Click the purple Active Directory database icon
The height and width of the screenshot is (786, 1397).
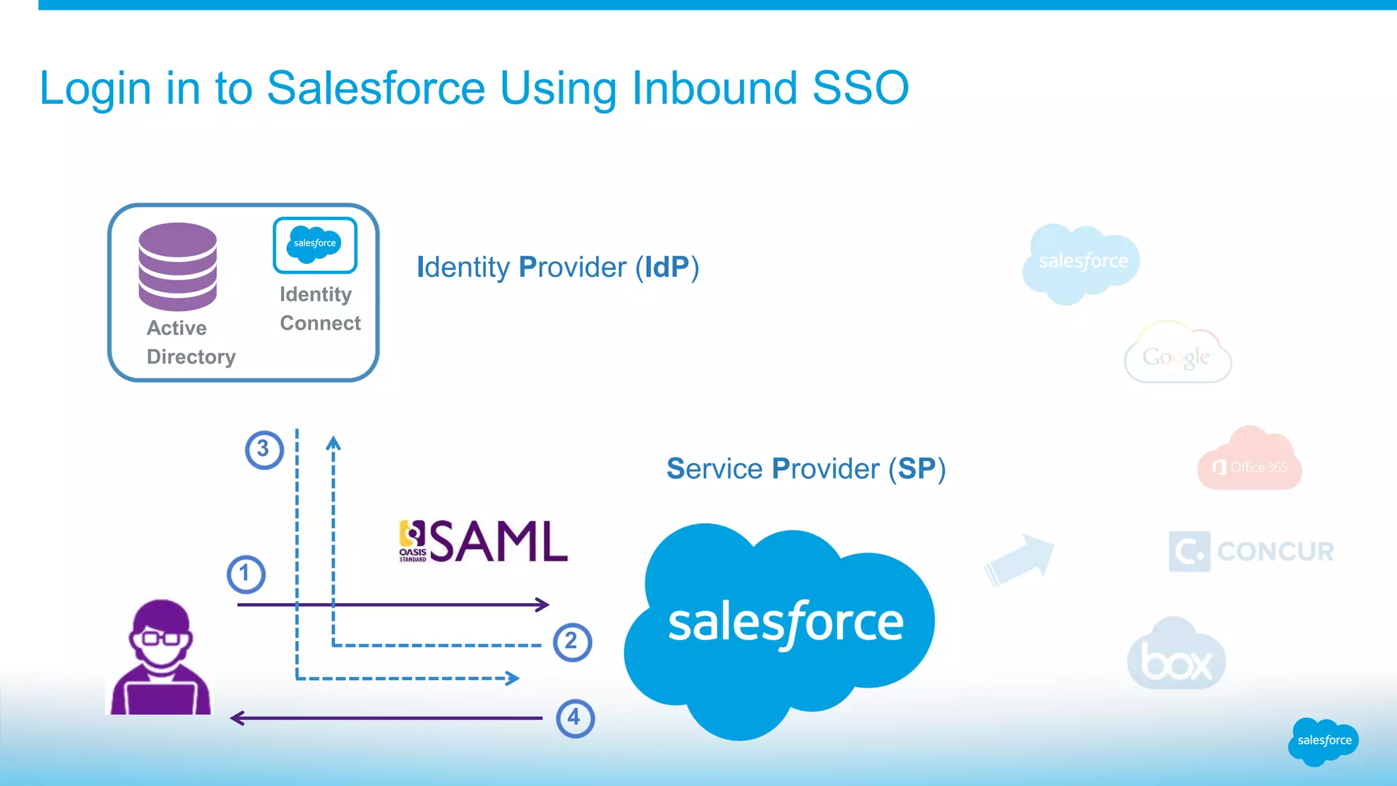pyautogui.click(x=177, y=267)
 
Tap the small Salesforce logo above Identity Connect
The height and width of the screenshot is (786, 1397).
pyautogui.click(x=315, y=244)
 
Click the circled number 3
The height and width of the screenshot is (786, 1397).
pyautogui.click(x=264, y=450)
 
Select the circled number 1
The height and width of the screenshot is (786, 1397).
pyautogui.click(x=246, y=574)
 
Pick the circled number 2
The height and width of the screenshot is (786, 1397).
pyautogui.click(x=572, y=642)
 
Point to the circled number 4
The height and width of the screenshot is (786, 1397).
pyautogui.click(x=575, y=718)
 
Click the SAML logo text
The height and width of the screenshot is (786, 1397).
pyautogui.click(x=499, y=542)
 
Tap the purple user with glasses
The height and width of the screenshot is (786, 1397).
pyautogui.click(x=161, y=658)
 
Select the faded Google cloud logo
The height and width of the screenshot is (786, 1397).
pyautogui.click(x=1177, y=355)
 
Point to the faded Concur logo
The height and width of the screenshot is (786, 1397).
pyautogui.click(x=1251, y=551)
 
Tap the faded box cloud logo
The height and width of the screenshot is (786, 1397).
pyautogui.click(x=1176, y=657)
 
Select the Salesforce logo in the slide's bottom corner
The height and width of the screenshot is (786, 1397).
pyautogui.click(x=1323, y=741)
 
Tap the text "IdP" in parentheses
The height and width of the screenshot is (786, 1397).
pyautogui.click(x=666, y=267)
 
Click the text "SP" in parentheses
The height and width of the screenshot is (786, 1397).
pyautogui.click(x=916, y=469)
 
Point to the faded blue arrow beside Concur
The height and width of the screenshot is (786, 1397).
pyautogui.click(x=1020, y=559)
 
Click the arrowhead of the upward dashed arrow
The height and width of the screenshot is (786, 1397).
pyautogui.click(x=333, y=443)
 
